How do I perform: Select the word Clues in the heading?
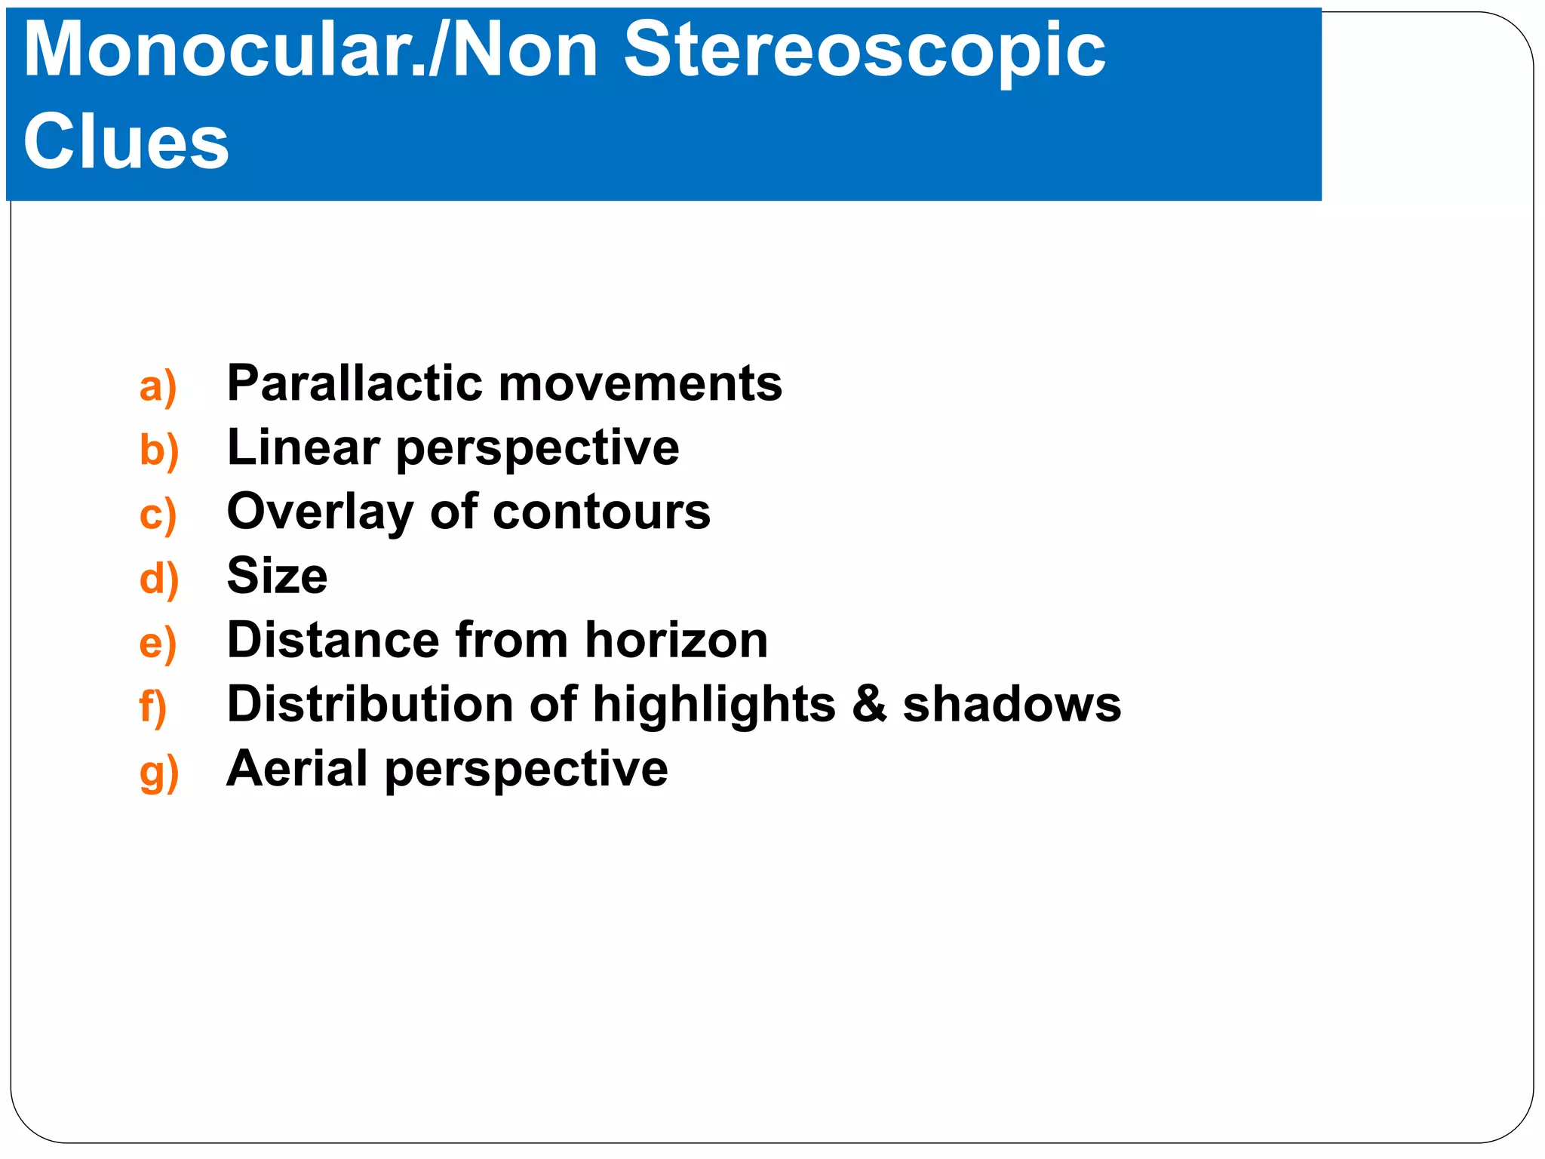pyautogui.click(x=126, y=142)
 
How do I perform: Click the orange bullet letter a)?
pyautogui.click(x=158, y=387)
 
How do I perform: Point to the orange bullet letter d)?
pyautogui.click(x=158, y=579)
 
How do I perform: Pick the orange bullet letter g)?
pyautogui.click(x=158, y=773)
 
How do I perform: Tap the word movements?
pyautogui.click(x=640, y=384)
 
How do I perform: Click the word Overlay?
pyautogui.click(x=320, y=513)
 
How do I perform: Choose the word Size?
pyautogui.click(x=277, y=576)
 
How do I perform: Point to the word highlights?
pyautogui.click(x=714, y=706)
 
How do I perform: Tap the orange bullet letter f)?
pyautogui.click(x=152, y=708)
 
